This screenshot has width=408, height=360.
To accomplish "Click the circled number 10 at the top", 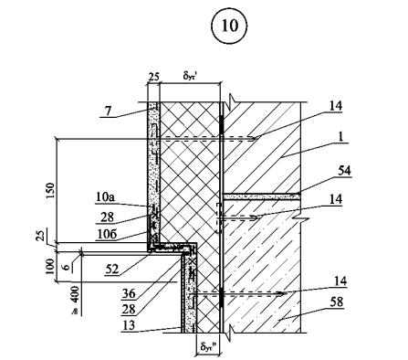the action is pos(229,26).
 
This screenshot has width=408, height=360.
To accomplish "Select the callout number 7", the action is pos(108,111).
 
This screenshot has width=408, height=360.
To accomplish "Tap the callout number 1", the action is pos(340,137).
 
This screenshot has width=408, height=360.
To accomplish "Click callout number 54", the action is pos(344,171).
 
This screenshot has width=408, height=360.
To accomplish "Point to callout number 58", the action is pos(337,302).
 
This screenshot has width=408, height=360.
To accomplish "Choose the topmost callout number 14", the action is pos(336,106).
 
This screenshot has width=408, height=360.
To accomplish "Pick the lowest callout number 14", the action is pos(340,281).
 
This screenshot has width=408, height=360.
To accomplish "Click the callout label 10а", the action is pos(104,197).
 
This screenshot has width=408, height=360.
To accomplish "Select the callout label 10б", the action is pos(108,235).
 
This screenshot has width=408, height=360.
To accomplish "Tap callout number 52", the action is pos(112,270).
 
